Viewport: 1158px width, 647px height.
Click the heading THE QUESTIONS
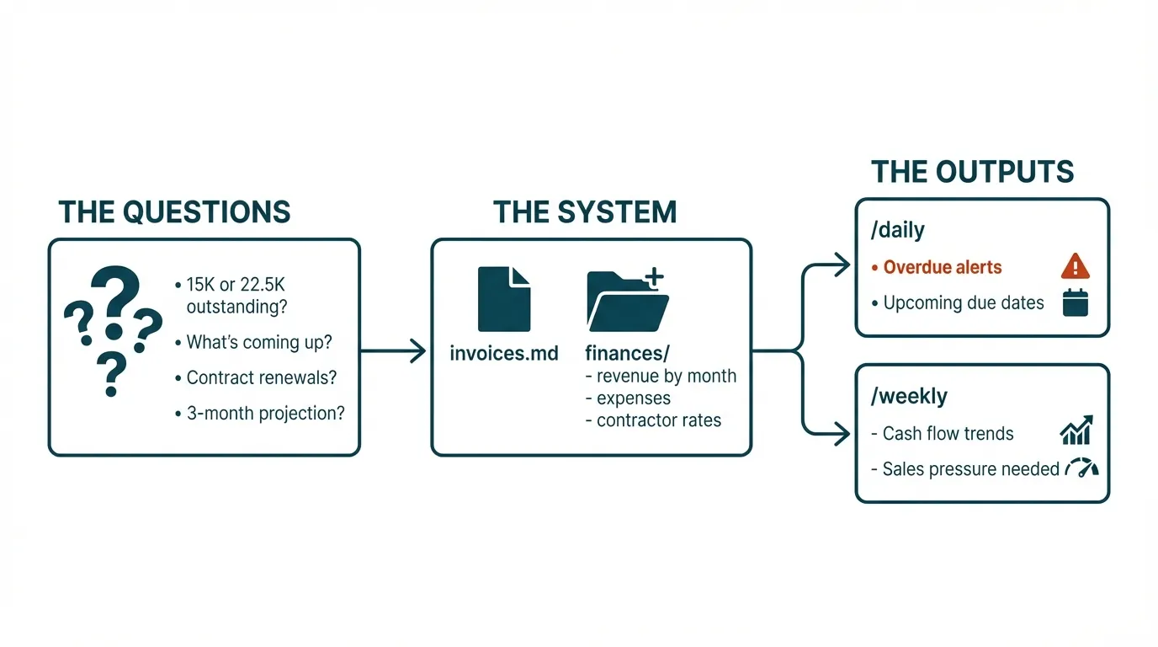[x=174, y=211]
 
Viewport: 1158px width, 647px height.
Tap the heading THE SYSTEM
[x=585, y=211]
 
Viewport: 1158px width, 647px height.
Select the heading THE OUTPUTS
[x=972, y=172]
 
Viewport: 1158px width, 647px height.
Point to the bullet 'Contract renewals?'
[x=261, y=377]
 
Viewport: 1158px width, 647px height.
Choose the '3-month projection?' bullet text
[x=265, y=414]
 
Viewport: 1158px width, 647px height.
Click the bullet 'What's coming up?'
[x=259, y=342]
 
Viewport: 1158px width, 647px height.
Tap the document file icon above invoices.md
[x=503, y=299]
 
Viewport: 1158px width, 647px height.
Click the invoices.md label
[x=504, y=353]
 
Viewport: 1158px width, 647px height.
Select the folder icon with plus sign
[x=627, y=301]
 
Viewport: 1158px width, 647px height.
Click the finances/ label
[x=627, y=353]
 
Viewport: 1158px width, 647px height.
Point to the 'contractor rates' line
[x=658, y=420]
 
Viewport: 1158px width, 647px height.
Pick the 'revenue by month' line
[x=666, y=376]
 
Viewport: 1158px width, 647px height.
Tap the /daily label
[x=899, y=230]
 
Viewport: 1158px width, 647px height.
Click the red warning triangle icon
[x=1076, y=267]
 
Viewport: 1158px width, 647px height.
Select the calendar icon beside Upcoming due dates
[x=1076, y=302]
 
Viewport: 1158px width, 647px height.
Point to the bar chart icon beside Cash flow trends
[x=1076, y=430]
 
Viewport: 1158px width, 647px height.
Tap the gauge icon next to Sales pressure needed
[x=1081, y=468]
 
